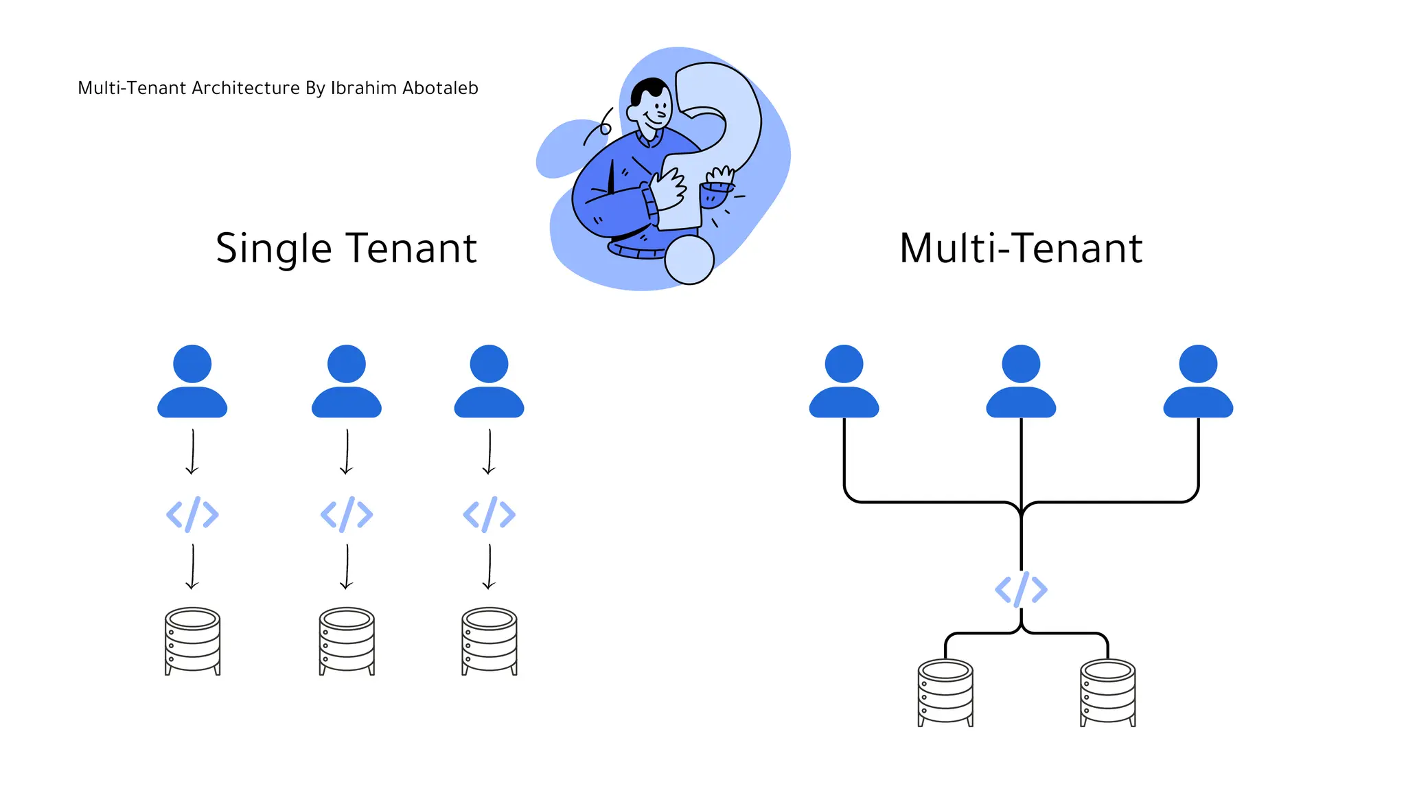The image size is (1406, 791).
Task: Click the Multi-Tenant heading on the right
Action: [x=1021, y=249]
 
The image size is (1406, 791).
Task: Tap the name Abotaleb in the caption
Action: [x=440, y=88]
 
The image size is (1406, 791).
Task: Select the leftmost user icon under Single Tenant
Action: [x=192, y=382]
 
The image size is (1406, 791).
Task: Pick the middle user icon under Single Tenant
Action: [x=347, y=382]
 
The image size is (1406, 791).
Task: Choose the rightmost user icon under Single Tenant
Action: [x=489, y=382]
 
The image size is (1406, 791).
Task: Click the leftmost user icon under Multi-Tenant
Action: [x=844, y=382]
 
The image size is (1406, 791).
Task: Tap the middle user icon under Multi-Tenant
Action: [x=1021, y=382]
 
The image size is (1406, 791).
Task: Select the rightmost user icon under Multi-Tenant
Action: [x=1198, y=382]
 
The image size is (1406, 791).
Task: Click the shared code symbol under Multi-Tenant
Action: [x=1021, y=589]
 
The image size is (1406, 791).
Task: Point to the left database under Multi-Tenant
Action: [x=945, y=692]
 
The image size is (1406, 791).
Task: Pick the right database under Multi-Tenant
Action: [x=1107, y=692]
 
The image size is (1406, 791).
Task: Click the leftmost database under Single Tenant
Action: [x=192, y=641]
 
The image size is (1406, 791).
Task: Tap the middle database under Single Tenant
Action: [x=347, y=641]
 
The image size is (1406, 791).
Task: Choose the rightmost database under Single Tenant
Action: [x=489, y=641]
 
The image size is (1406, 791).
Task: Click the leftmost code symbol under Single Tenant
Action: [x=192, y=514]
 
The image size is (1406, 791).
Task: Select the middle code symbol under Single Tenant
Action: [x=347, y=514]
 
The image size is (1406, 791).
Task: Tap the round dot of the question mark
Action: [x=689, y=260]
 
